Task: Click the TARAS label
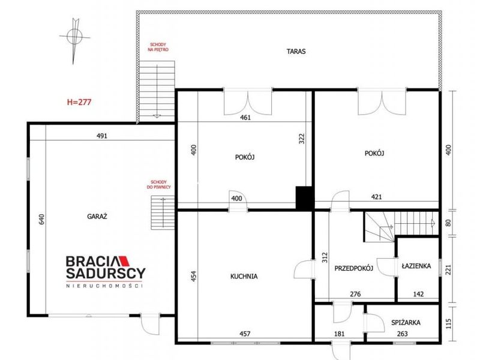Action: pos(296,52)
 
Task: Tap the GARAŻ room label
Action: pos(97,217)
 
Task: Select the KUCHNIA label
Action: pos(244,277)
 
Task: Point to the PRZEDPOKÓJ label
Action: pos(353,268)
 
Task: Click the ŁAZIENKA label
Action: pos(416,266)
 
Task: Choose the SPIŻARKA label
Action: pos(406,322)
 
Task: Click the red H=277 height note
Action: pos(79,102)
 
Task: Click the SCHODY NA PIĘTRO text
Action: pos(158,47)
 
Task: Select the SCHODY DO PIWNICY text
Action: pos(158,184)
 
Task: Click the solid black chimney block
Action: pos(304,198)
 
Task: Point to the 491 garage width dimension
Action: pos(102,136)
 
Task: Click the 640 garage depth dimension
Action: pos(41,219)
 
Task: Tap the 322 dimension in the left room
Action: pos(302,139)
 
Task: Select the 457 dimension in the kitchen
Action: pos(245,334)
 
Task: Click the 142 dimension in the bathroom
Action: pos(418,294)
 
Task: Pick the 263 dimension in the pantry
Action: pos(402,334)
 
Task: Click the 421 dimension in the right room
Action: pos(377,197)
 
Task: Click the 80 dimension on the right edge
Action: pos(448,223)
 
